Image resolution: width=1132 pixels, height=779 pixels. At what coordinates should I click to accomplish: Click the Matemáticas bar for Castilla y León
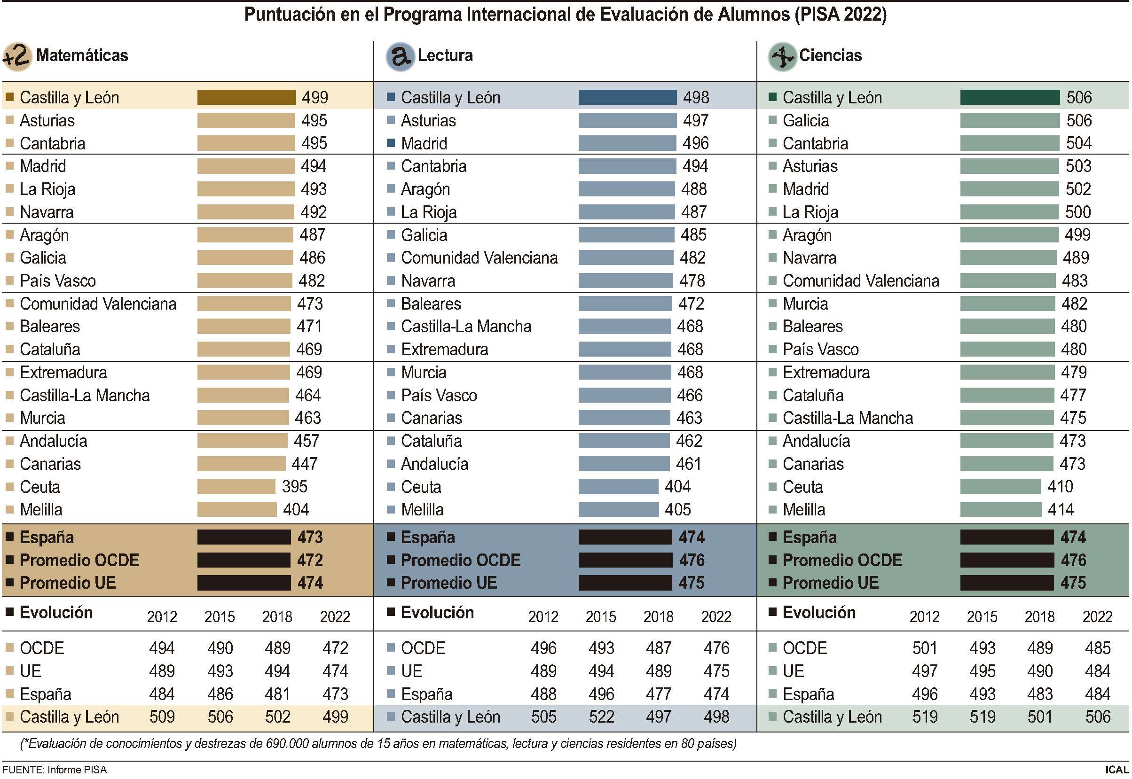pos(246,97)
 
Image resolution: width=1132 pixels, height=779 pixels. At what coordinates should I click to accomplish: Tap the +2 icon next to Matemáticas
pos(17,57)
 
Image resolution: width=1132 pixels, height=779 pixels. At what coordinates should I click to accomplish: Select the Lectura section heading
pos(445,55)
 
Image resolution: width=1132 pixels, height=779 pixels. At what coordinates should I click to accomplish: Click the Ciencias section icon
pos(782,57)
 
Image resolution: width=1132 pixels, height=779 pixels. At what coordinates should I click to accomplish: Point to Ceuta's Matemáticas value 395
pos(294,486)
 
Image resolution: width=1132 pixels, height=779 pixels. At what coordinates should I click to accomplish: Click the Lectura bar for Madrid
pos(627,143)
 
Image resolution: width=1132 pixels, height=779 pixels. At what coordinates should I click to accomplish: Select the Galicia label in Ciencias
pos(805,120)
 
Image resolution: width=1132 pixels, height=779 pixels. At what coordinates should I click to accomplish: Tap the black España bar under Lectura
pos(625,537)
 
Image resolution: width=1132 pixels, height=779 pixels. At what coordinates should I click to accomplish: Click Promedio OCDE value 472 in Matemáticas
pos(310,560)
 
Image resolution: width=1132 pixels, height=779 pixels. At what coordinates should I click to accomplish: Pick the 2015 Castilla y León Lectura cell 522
pos(601,717)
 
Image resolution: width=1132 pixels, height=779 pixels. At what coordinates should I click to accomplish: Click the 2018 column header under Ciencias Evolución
pos(1039,616)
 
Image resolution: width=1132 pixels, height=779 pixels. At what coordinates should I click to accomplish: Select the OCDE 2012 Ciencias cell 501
pos(924,648)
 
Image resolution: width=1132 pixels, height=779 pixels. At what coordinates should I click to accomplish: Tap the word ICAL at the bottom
pos(1116,770)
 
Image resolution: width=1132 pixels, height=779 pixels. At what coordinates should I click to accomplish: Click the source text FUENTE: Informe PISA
pos(55,770)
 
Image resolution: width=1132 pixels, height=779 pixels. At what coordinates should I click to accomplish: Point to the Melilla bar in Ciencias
pos(1000,510)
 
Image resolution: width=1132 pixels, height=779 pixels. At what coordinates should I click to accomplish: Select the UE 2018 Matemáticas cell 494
pos(277,670)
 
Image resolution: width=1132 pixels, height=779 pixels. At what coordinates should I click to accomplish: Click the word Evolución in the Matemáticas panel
pos(56,613)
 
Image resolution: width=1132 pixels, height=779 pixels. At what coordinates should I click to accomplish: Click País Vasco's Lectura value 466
pos(690,395)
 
